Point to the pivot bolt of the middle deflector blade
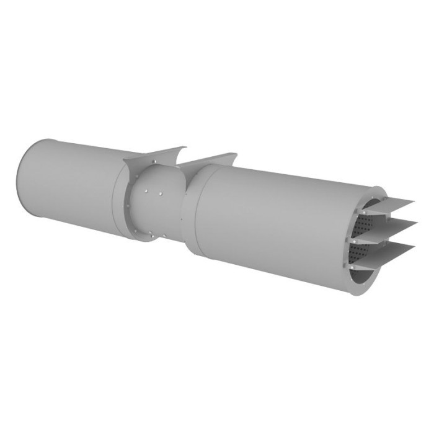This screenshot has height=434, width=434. pyautogui.click(x=352, y=236)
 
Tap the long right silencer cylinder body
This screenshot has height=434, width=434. pyautogui.click(x=279, y=217)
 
